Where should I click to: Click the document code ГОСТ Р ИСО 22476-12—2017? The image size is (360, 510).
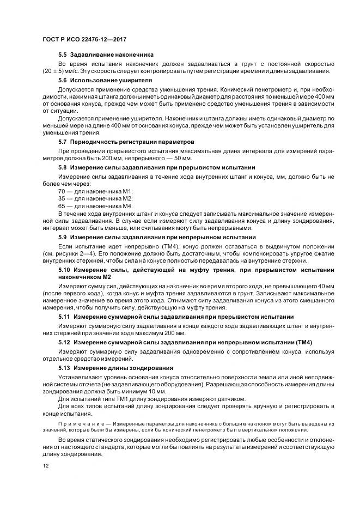(88, 40)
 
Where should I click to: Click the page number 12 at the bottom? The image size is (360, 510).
(45, 466)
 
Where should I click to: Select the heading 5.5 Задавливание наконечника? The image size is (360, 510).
(106, 55)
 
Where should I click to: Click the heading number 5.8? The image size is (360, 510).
(63, 168)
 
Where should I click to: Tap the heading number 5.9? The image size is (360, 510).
(63, 238)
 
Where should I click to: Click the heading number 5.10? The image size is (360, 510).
(64, 270)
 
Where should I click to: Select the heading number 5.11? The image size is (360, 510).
(64, 317)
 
